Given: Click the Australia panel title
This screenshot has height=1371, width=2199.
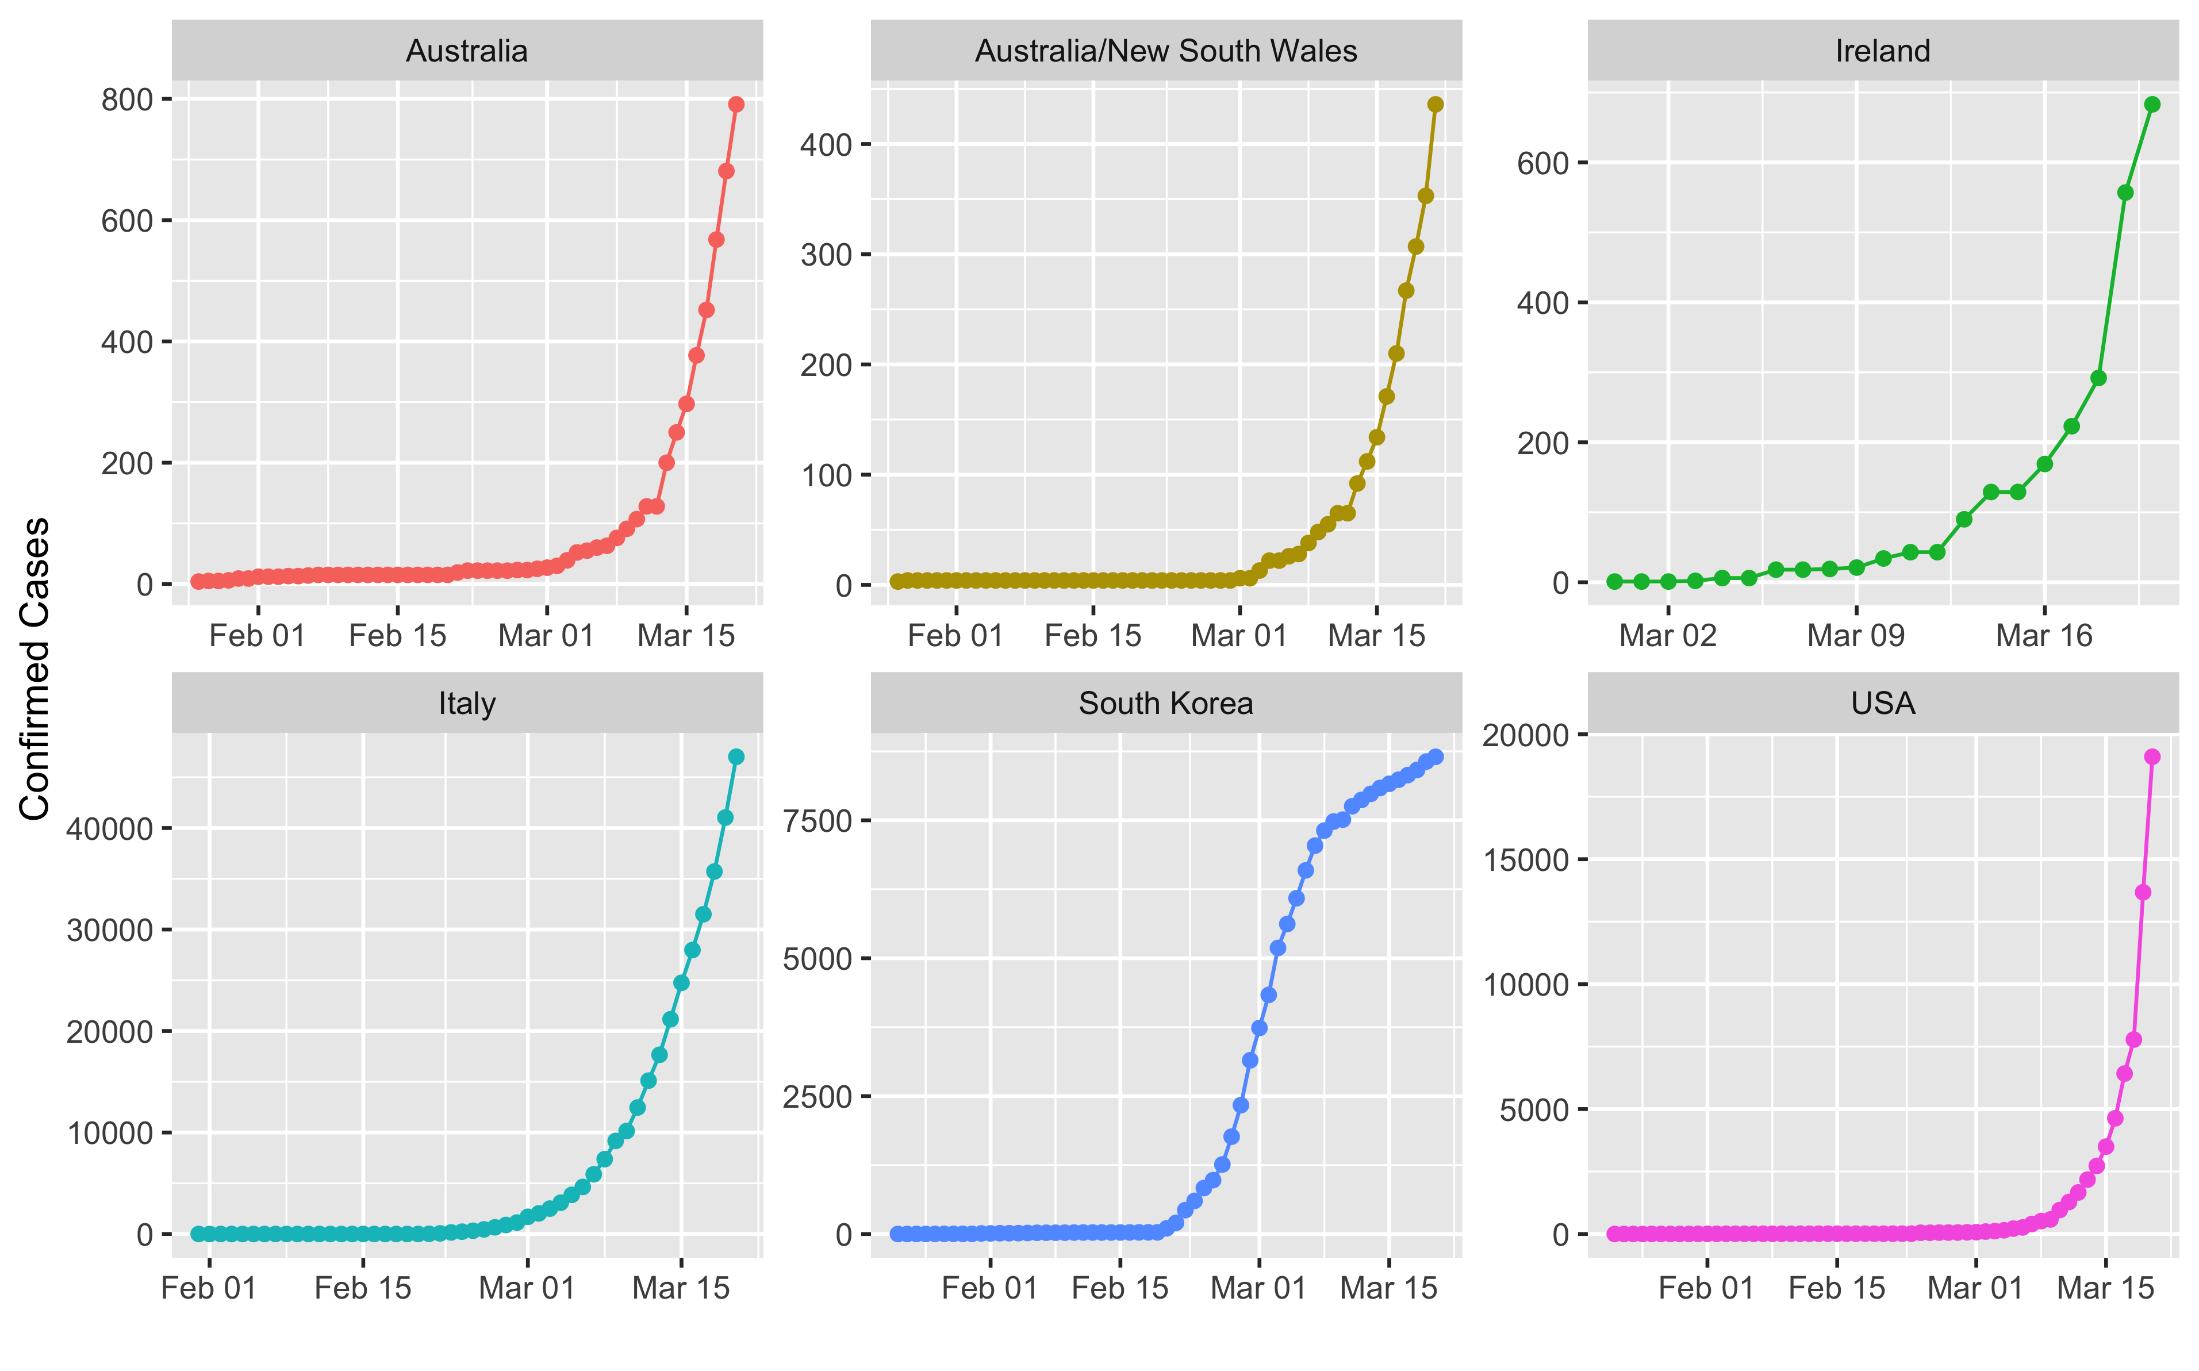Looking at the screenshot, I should pyautogui.click(x=466, y=51).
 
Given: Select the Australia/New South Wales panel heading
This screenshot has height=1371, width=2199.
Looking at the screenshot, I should pyautogui.click(x=1165, y=51).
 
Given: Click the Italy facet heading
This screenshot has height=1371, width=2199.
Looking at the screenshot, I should pyautogui.click(x=466, y=704).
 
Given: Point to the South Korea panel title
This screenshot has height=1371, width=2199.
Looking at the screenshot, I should pyautogui.click(x=1165, y=704).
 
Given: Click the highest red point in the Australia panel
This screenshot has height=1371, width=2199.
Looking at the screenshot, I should pyautogui.click(x=736, y=104).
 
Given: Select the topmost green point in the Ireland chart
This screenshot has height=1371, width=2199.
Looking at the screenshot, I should pyautogui.click(x=2152, y=104).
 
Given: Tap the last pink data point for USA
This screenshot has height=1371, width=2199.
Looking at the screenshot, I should pyautogui.click(x=2152, y=757).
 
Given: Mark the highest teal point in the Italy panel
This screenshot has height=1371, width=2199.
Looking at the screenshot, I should pyautogui.click(x=736, y=757).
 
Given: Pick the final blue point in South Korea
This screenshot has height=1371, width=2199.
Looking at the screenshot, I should pyautogui.click(x=1436, y=757).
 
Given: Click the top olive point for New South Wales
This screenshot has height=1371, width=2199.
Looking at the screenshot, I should pyautogui.click(x=1436, y=104).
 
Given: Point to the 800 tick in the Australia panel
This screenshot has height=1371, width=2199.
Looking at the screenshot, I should pyautogui.click(x=127, y=100).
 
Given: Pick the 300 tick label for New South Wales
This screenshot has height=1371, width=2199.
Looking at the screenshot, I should pyautogui.click(x=826, y=255).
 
